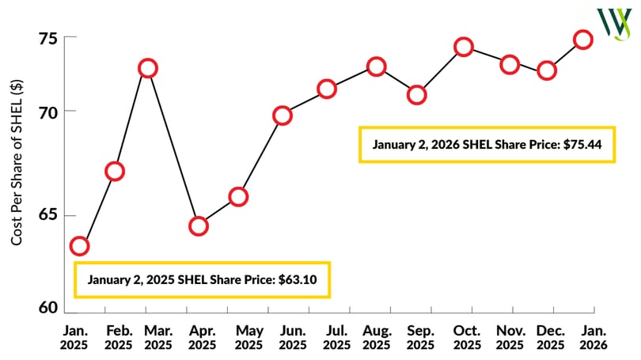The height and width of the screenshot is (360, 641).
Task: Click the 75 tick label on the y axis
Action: coord(47,40)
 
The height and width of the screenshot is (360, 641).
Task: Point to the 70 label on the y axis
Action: coord(48,113)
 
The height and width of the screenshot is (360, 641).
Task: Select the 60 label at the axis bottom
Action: coord(48,307)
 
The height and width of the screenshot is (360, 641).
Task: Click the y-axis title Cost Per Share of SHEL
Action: coord(17,162)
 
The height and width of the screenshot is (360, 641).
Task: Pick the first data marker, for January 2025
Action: coord(79,246)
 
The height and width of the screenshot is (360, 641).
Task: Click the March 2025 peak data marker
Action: coord(147,68)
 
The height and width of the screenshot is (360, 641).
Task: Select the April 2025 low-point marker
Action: coord(199,226)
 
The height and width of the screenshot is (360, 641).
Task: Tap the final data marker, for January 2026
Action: coord(583,40)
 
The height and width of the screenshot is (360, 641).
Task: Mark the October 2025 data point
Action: coord(464,47)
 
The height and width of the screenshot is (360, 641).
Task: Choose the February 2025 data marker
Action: coord(115,171)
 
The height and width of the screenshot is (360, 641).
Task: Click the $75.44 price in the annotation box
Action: coord(582,144)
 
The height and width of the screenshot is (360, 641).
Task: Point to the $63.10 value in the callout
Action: coord(298,279)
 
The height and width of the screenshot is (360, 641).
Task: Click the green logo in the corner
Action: coord(614,24)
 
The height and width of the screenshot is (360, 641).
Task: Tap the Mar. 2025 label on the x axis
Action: coord(158,338)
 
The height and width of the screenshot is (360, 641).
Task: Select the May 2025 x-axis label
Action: coord(249,338)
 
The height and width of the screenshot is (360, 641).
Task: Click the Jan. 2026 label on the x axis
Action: coord(594,338)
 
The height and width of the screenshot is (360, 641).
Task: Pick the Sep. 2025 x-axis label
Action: coord(421,338)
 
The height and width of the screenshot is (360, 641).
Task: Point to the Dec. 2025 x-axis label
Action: coord(551,338)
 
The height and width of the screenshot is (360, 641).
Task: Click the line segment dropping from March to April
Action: coord(173,147)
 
